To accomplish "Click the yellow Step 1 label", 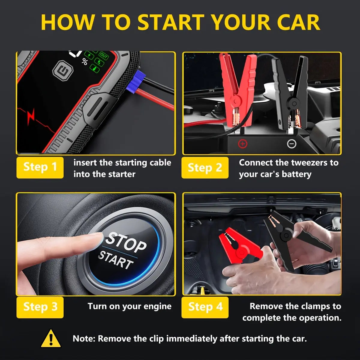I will click(x=40, y=167).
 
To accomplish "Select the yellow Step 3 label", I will click(x=40, y=307).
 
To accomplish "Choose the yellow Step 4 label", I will click(x=205, y=307).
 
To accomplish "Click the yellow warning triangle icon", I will click(x=51, y=338).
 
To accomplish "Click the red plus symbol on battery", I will click(x=242, y=144).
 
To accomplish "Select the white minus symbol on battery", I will click(x=292, y=144).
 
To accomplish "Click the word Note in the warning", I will click(x=84, y=339).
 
